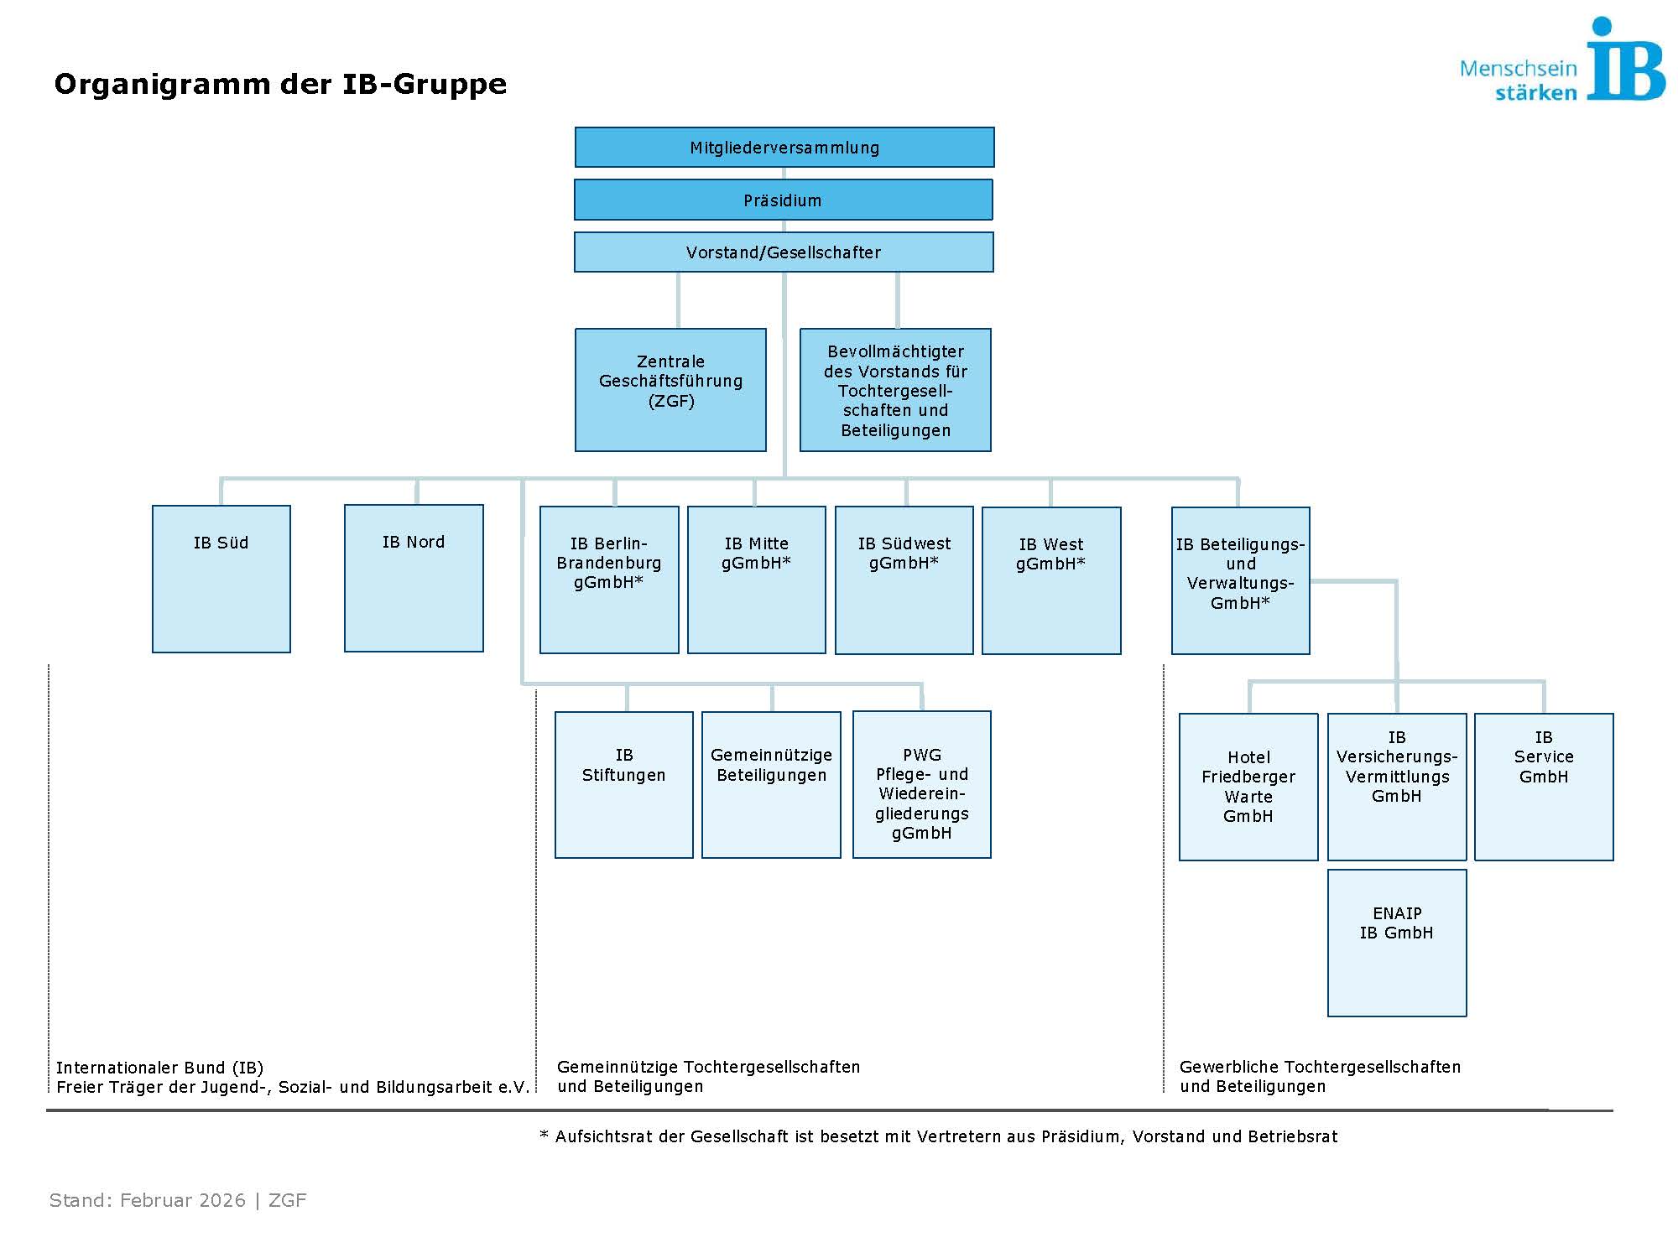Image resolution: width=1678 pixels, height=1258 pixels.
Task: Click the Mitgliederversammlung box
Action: [x=784, y=148]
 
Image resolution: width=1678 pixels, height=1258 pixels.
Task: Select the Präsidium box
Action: [x=783, y=200]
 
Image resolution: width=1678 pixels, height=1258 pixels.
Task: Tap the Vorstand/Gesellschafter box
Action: [x=784, y=252]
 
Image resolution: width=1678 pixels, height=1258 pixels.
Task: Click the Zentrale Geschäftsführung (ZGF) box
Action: [x=670, y=390]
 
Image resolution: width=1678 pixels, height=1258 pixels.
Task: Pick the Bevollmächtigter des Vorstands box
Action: [x=895, y=390]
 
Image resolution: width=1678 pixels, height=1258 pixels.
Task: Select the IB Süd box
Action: [x=221, y=579]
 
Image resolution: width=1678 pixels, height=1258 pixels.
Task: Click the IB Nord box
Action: [x=414, y=578]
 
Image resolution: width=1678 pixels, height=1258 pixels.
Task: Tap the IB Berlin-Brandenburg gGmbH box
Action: [x=609, y=580]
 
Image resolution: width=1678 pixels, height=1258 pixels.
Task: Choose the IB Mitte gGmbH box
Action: [x=756, y=580]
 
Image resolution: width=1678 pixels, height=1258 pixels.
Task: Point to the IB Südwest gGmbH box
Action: [x=904, y=580]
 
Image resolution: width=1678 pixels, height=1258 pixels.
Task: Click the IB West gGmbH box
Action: [x=1051, y=580]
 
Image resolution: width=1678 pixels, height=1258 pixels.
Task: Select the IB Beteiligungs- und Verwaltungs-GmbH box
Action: [x=1240, y=580]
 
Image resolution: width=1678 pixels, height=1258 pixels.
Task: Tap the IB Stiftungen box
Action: [x=624, y=785]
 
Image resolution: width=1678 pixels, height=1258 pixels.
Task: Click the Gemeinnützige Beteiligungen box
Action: [x=771, y=785]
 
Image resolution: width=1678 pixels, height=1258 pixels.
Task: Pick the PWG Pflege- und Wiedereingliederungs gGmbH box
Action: [x=921, y=785]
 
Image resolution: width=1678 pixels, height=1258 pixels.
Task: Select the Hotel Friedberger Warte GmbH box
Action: [x=1248, y=787]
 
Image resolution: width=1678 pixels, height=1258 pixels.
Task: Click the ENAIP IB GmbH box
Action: [x=1397, y=943]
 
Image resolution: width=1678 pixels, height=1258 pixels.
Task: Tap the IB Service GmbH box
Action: [x=1544, y=787]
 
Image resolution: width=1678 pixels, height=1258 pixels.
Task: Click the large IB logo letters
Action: [x=1624, y=63]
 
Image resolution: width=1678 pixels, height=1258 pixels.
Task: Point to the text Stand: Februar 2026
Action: [x=148, y=1200]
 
